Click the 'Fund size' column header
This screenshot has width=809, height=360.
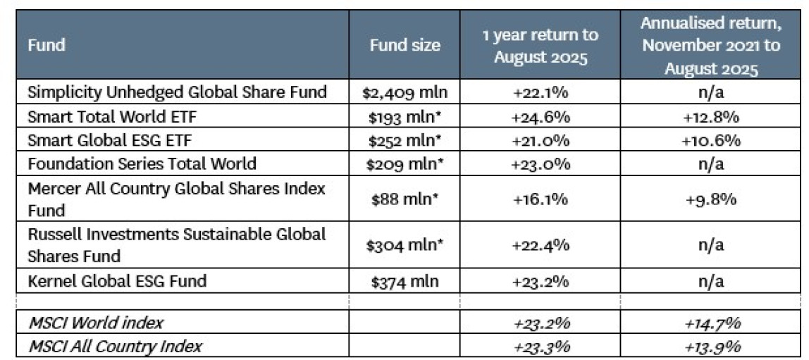pyautogui.click(x=405, y=45)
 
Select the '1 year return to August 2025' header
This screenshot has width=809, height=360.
pyautogui.click(x=541, y=45)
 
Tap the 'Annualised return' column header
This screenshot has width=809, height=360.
pyautogui.click(x=710, y=45)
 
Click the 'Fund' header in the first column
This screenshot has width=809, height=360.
pyautogui.click(x=47, y=45)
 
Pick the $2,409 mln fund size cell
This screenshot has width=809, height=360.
pyautogui.click(x=405, y=92)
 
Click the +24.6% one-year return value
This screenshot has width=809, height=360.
pyautogui.click(x=541, y=116)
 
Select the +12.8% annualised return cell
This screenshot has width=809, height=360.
pyautogui.click(x=710, y=116)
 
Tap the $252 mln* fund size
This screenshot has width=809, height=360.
pyautogui.click(x=405, y=139)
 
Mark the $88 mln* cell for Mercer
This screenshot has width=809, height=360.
pyautogui.click(x=405, y=199)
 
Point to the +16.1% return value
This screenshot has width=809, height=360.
pyautogui.click(x=541, y=199)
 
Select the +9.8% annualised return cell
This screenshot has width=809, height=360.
pyautogui.click(x=710, y=199)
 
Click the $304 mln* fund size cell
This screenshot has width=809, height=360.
pyautogui.click(x=405, y=244)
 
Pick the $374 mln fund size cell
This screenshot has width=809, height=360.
pyautogui.click(x=405, y=282)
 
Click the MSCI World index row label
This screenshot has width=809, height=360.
pyautogui.click(x=95, y=323)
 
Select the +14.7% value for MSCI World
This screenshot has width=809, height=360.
pyautogui.click(x=710, y=323)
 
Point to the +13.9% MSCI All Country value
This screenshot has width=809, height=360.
pyautogui.click(x=710, y=346)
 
